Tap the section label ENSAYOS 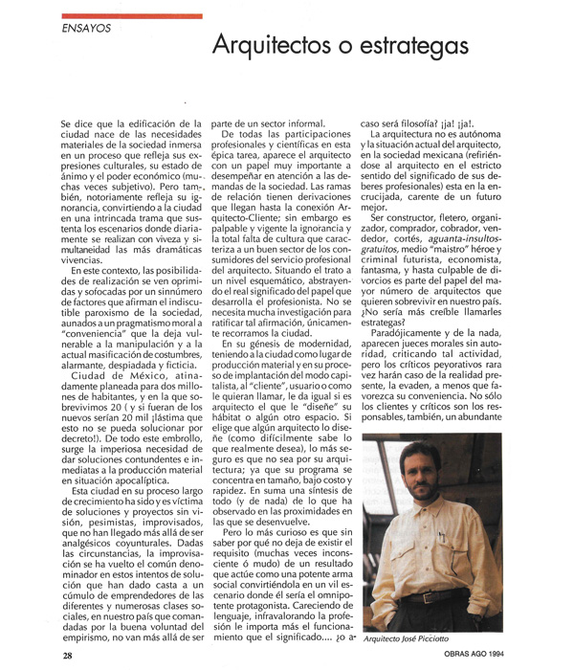[x=85, y=28]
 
